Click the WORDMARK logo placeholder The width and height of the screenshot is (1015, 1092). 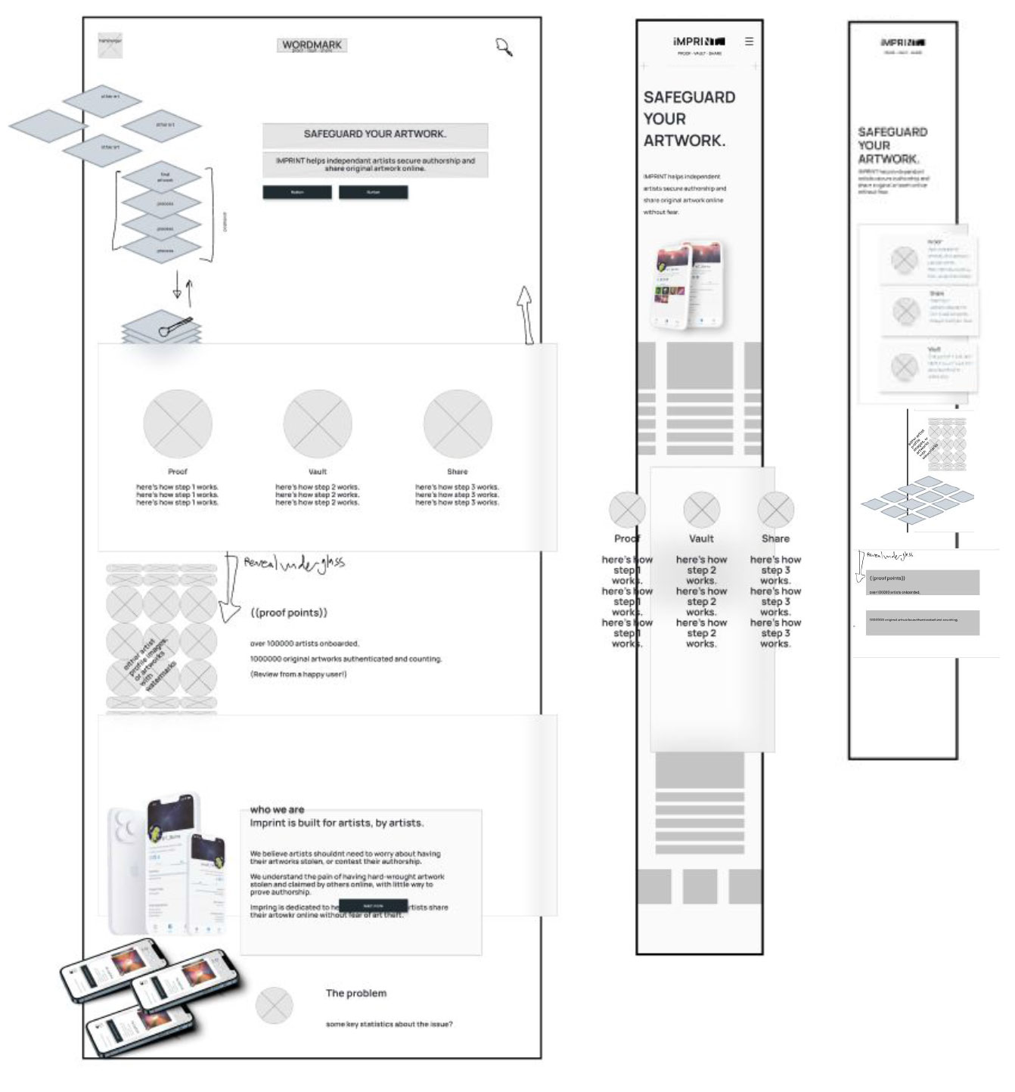point(312,45)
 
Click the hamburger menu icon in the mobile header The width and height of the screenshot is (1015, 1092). point(749,42)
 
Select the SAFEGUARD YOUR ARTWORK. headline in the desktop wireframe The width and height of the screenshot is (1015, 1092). point(374,134)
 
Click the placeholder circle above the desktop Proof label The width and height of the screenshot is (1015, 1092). point(178,423)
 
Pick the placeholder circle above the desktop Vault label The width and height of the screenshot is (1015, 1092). point(318,423)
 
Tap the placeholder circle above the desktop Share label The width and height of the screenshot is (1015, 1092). point(457,423)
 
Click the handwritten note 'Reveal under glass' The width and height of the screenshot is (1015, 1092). point(293,563)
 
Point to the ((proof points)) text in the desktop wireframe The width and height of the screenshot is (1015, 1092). point(289,613)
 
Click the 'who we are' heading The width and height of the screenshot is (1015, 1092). point(277,809)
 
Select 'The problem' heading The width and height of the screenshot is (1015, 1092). point(355,993)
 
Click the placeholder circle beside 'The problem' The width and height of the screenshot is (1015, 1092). point(274,1005)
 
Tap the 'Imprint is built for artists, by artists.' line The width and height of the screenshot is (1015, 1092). point(337,823)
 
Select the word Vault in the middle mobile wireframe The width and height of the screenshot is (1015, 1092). point(701,538)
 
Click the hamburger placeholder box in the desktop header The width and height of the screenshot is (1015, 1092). point(110,45)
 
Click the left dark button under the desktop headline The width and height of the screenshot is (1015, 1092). point(296,193)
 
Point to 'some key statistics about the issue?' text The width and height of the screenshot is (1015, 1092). point(389,1024)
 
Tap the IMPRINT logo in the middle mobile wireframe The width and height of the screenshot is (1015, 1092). point(699,42)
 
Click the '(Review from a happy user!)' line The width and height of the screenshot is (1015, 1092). point(298,674)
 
